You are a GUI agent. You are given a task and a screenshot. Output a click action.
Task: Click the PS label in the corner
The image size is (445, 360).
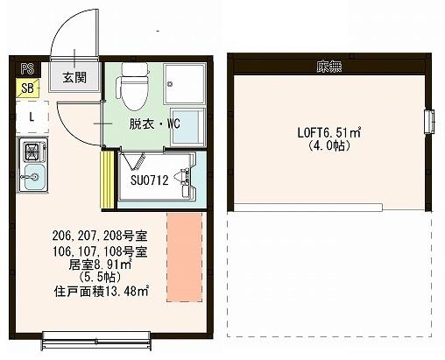27,67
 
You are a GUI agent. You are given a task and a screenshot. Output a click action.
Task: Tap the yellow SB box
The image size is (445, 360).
27,88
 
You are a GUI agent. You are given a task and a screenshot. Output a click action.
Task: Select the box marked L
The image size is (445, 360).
31,116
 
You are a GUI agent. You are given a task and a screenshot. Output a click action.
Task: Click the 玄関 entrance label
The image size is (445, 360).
74,77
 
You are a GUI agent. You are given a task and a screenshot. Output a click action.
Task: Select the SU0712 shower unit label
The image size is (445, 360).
150,180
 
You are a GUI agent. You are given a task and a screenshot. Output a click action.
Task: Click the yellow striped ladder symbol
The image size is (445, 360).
109,180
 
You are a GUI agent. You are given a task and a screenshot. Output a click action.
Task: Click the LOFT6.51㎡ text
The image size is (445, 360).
328,133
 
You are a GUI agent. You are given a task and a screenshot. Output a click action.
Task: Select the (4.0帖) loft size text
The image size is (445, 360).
328,146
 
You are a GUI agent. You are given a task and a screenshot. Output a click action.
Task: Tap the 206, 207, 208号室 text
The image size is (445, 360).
99,235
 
